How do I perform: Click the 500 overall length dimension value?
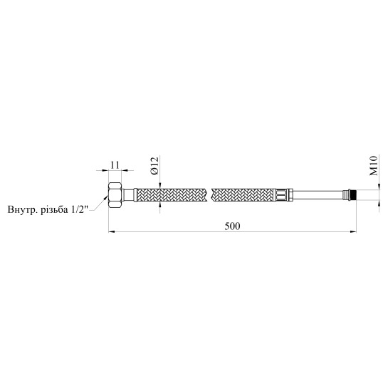(232, 226)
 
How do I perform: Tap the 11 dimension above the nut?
(115, 165)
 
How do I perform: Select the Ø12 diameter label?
(154, 166)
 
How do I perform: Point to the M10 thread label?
(374, 166)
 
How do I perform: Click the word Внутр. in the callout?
(22, 209)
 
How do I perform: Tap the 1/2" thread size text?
(80, 209)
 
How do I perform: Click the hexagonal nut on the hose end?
(115, 193)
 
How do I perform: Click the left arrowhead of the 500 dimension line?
(111, 232)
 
